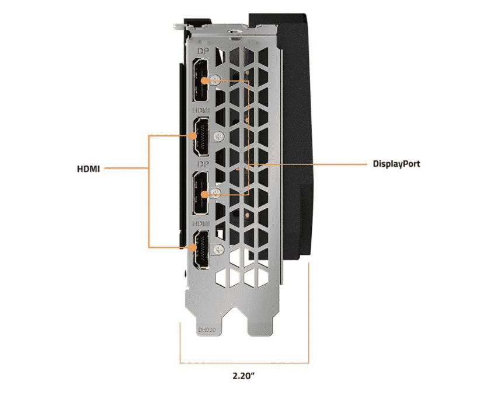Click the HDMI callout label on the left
click(x=89, y=170)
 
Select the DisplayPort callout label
click(x=396, y=164)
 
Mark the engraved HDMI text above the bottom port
click(x=201, y=223)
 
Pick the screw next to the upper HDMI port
click(x=218, y=136)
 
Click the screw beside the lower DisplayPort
click(x=217, y=193)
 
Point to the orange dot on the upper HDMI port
click(x=192, y=135)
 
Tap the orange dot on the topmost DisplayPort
click(x=203, y=80)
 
